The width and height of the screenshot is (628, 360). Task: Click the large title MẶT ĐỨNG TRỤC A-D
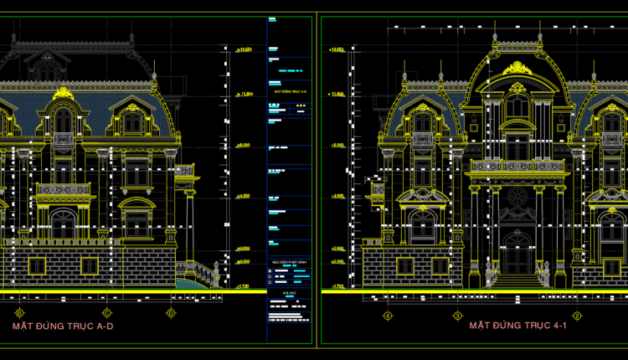[x=63, y=326]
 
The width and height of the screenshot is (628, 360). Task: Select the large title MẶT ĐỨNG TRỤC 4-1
[x=518, y=325]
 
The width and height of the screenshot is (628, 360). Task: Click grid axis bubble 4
[x=388, y=316]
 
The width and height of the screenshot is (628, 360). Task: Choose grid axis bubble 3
[x=457, y=316]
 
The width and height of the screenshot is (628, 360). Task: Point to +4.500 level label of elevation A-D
[x=243, y=197]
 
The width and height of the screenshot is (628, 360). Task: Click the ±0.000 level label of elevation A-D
[x=243, y=261]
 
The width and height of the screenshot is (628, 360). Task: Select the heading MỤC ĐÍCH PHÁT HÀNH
[x=286, y=262]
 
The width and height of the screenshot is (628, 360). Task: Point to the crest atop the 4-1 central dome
[x=517, y=66]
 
